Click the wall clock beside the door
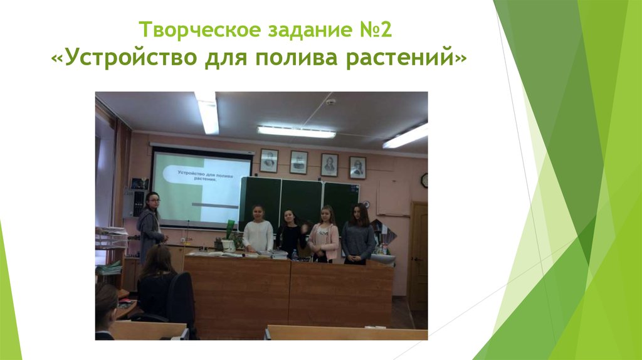(424, 180)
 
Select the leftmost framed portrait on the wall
(269, 161)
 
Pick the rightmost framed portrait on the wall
(357, 167)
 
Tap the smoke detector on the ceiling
(330, 102)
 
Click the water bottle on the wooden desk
(295, 254)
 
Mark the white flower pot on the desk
(229, 245)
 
